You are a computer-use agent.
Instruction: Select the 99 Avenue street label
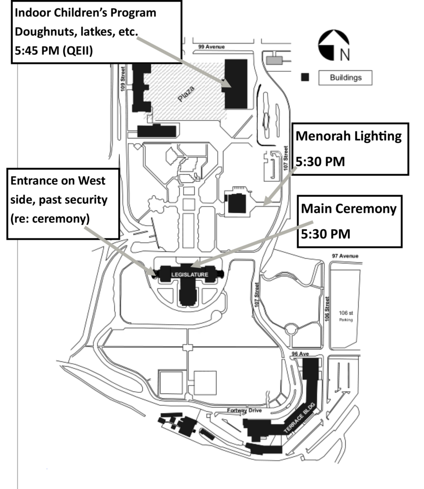point(211,47)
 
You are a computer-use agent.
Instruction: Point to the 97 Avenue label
point(345,256)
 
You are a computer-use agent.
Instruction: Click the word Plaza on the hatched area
point(187,93)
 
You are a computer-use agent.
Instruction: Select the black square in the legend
point(305,77)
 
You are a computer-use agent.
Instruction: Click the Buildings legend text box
point(345,77)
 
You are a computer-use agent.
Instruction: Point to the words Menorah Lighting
point(349,136)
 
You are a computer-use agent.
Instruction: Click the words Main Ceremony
point(349,209)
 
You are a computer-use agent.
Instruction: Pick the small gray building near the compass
point(275,60)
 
